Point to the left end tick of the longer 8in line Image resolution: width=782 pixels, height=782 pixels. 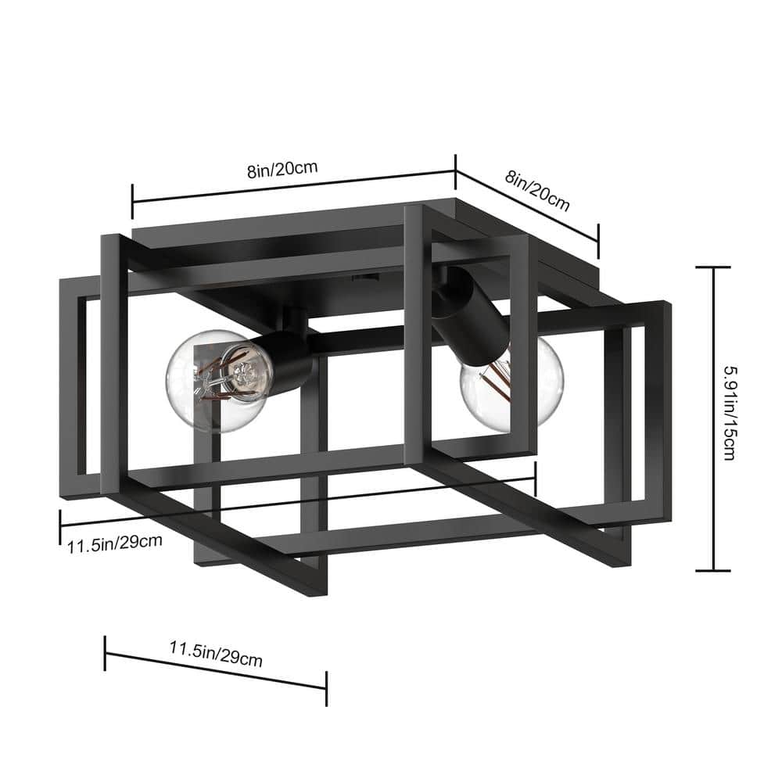132,202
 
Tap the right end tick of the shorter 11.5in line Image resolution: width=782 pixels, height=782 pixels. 326,687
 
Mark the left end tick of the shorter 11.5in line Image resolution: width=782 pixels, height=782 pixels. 106,653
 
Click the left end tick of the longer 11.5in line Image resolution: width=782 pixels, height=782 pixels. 60,527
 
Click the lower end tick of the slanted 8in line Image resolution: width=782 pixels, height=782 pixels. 598,241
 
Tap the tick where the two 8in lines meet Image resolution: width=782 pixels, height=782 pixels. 455,170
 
